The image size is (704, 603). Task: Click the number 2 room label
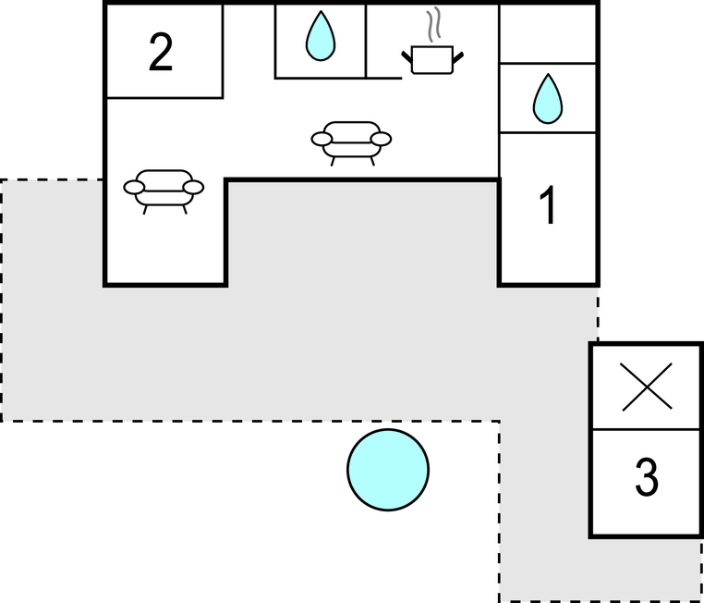tap(161, 53)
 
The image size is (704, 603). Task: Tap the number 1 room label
tap(549, 205)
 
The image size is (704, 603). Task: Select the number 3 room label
tap(647, 477)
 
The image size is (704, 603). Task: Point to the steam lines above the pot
tap(433, 25)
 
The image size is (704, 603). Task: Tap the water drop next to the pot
tap(321, 36)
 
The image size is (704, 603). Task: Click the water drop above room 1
tap(548, 98)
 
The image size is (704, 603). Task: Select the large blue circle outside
tap(388, 470)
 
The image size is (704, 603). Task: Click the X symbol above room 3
tap(647, 387)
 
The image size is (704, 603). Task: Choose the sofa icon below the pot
tap(351, 140)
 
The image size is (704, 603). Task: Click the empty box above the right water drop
tap(548, 33)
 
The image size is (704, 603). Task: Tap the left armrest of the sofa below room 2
tap(134, 187)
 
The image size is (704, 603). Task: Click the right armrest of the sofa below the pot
tap(382, 139)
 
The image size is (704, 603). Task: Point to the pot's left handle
tap(407, 57)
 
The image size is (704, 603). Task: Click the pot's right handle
tap(458, 58)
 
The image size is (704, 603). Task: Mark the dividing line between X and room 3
tap(647, 429)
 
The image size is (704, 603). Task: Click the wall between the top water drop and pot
tap(366, 41)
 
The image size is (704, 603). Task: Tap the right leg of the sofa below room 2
tap(185, 209)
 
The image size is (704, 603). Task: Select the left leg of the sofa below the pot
tap(334, 161)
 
